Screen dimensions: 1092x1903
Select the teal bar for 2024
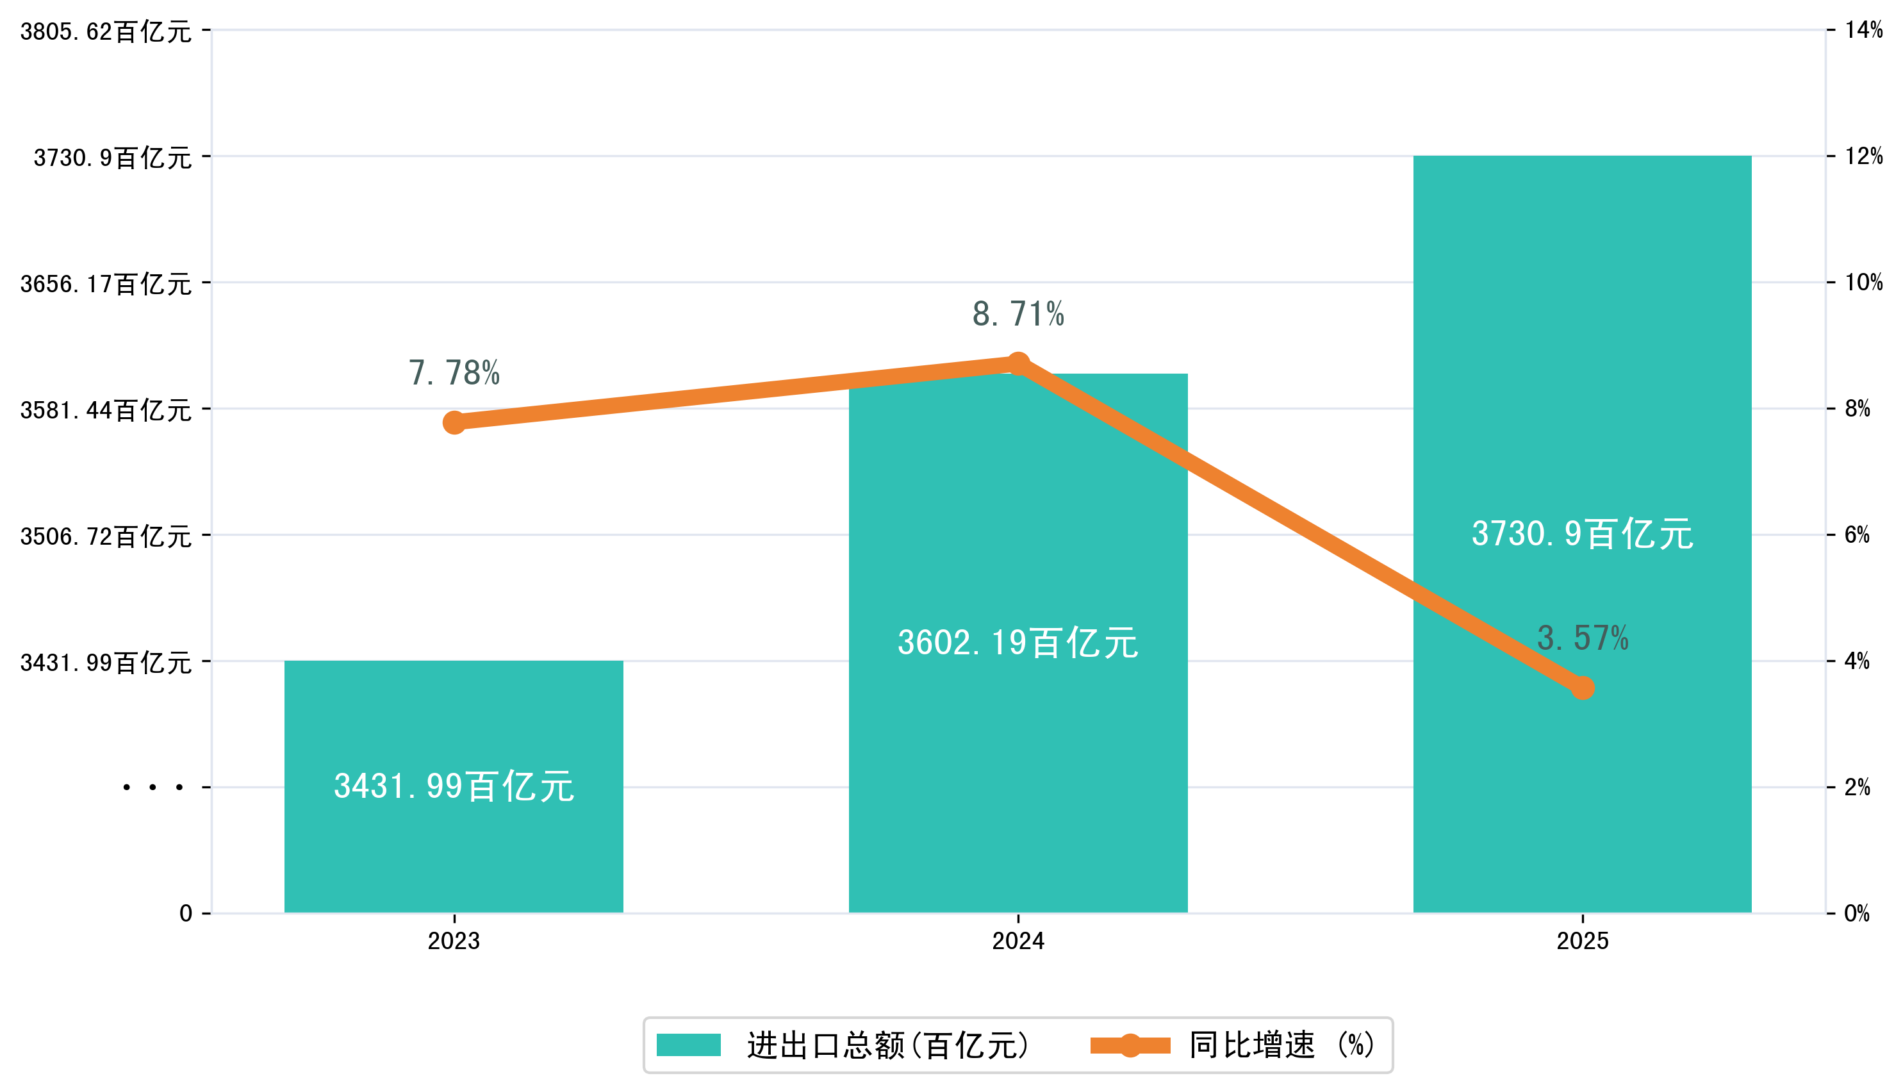tap(1017, 750)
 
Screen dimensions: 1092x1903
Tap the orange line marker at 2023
tap(454, 422)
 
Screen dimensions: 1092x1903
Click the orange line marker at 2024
tap(1017, 365)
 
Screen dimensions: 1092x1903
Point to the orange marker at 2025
tap(1582, 687)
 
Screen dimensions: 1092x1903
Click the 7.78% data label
tap(454, 373)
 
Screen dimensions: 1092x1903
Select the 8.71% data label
tap(1017, 314)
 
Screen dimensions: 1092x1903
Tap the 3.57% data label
tap(1582, 638)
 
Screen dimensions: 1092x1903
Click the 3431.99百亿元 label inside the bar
tap(454, 787)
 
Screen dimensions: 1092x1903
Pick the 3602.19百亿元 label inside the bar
tap(1017, 643)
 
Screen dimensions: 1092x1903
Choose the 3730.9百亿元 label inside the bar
tap(1582, 534)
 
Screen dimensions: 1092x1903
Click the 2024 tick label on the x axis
tap(1017, 941)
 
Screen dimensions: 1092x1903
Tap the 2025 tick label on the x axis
tap(1582, 941)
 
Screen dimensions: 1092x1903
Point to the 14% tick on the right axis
tap(1863, 30)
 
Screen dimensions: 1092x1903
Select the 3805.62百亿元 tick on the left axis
tap(106, 32)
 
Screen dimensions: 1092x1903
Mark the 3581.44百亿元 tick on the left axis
tap(106, 410)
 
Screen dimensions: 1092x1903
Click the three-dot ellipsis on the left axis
tap(153, 788)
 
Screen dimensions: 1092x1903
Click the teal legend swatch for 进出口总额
tap(688, 1045)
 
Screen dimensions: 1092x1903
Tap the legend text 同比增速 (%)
tap(1282, 1045)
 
